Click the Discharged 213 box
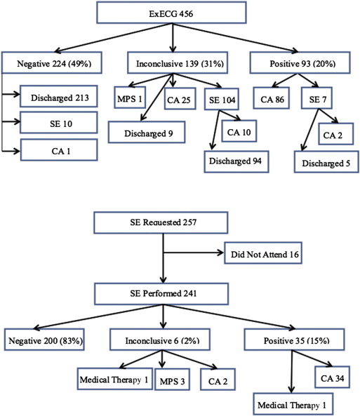[x=60, y=95]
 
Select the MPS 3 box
[x=164, y=380]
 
